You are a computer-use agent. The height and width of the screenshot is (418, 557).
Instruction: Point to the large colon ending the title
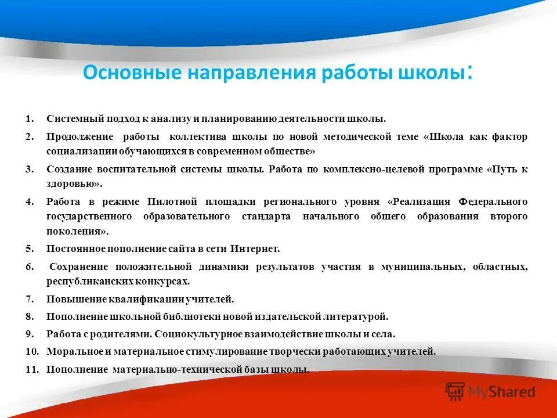click(469, 74)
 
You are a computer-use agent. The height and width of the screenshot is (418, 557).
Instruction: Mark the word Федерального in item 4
click(493, 202)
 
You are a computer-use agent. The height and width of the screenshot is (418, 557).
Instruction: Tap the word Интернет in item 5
click(255, 249)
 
